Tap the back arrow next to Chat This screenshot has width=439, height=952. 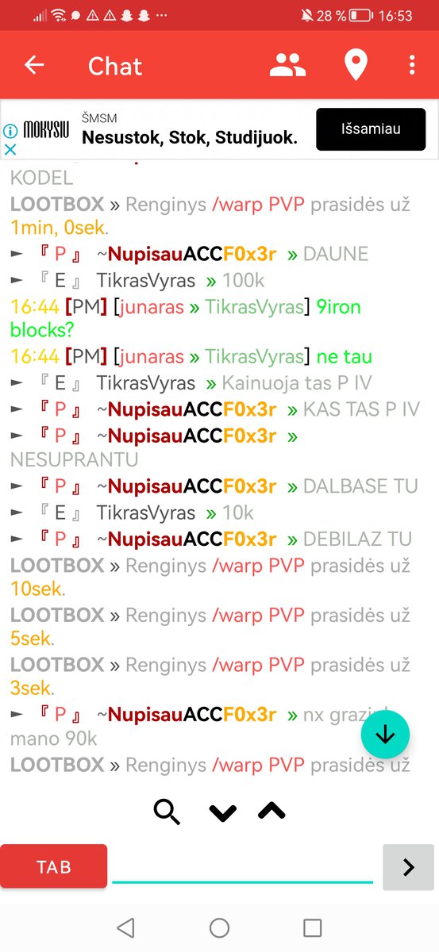34,65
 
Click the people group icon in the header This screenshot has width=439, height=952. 287,65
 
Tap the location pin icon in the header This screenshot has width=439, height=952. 356,64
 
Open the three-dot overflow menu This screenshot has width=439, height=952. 412,65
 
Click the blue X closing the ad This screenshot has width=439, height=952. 10,149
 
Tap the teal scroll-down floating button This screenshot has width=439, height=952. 385,734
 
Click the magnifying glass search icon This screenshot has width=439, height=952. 167,812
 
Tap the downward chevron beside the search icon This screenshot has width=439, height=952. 223,812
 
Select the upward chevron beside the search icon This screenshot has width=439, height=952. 271,811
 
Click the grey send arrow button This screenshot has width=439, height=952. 408,867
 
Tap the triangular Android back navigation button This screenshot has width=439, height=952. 126,927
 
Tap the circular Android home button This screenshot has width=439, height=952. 219,927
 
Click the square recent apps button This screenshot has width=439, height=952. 312,927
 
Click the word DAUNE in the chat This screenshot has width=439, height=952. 336,254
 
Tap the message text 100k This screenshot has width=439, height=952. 244,281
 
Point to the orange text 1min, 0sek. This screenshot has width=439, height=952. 58,228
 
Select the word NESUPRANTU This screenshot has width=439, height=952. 74,460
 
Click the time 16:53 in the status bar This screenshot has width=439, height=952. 395,16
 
